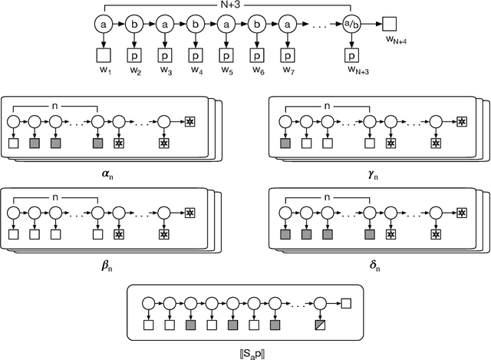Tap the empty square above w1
click(104, 56)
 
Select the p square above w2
click(134, 56)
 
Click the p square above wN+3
click(352, 56)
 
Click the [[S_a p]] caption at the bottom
click(245, 351)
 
